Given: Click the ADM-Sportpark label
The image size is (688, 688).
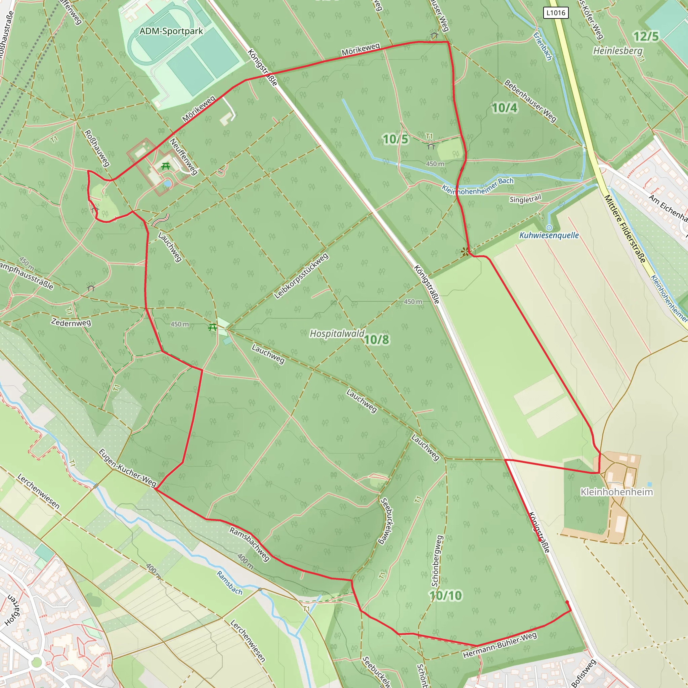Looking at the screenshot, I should coord(171,31).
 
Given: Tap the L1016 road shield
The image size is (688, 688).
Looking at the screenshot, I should coord(556,13).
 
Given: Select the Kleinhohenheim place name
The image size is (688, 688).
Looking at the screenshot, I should coord(617,492).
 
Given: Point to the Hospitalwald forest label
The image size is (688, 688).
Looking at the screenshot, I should coord(337,333).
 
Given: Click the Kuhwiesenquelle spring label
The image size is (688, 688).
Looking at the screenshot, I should coord(549,235).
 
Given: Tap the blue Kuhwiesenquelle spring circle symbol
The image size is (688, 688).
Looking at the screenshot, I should coord(549,227).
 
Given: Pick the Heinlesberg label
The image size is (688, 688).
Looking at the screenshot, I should coord(618,51).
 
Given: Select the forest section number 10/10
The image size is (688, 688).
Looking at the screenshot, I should coord(445,595).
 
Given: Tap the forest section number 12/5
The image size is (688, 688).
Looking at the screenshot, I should coord(646,36).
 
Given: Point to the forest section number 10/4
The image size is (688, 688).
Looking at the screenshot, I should coord(504,107).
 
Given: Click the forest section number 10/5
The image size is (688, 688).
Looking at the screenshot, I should coord(395,139).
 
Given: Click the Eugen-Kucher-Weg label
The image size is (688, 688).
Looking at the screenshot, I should coord(127,468).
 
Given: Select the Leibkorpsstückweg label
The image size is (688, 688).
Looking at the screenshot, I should coord(301,276).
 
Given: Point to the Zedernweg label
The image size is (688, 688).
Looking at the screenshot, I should coord(71,322).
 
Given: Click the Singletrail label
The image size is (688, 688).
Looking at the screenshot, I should coord(525,199).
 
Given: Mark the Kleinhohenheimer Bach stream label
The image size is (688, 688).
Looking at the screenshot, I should coord(478,186).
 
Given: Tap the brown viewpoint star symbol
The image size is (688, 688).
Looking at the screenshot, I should coord(465,252).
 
